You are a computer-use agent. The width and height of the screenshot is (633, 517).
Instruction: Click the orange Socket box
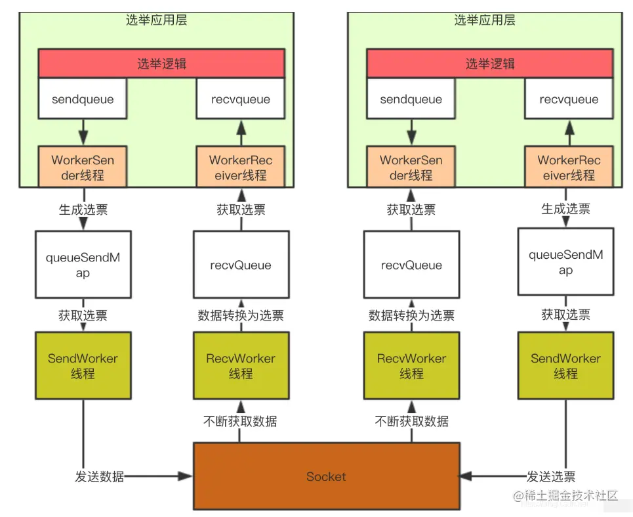326,476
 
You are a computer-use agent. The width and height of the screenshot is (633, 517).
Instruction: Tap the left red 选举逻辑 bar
161,64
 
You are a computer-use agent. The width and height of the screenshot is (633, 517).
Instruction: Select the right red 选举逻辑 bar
490,64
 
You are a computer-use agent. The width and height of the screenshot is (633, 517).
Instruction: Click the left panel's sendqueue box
83,99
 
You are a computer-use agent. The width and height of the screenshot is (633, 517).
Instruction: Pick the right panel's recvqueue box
569,99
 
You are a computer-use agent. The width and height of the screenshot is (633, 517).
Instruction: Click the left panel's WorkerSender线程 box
83,168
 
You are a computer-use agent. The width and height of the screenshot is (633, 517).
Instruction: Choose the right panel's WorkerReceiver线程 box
569,168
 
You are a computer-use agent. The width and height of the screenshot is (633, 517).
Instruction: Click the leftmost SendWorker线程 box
83,366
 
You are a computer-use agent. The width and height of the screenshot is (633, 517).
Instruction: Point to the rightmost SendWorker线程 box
565,366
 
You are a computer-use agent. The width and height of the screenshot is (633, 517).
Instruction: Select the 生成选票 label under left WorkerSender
83,210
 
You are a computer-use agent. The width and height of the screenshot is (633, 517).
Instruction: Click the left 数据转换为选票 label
241,315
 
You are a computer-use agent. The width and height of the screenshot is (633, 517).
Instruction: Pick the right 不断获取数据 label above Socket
411,421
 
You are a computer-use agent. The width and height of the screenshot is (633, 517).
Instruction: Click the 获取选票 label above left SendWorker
83,315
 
